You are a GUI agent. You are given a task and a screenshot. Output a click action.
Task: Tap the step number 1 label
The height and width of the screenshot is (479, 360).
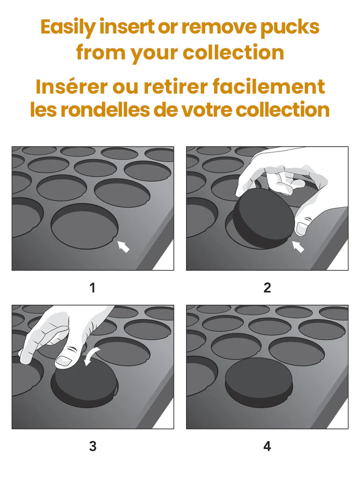tap(93, 288)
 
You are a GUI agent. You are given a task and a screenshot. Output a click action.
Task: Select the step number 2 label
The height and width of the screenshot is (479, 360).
tap(267, 288)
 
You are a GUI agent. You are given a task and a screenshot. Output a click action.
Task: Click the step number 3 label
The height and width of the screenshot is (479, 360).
tap(93, 446)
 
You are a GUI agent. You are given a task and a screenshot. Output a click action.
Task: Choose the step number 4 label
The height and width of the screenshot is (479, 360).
tap(267, 446)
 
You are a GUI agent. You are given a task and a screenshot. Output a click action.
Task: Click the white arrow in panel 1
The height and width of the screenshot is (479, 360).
tap(124, 246)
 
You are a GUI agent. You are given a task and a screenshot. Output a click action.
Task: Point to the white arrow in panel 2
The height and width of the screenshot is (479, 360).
tap(298, 247)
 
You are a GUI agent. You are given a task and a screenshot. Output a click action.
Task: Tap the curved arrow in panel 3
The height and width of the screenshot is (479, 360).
tap(92, 355)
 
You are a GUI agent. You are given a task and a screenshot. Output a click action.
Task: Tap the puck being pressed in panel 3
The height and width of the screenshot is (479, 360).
tap(86, 379)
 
